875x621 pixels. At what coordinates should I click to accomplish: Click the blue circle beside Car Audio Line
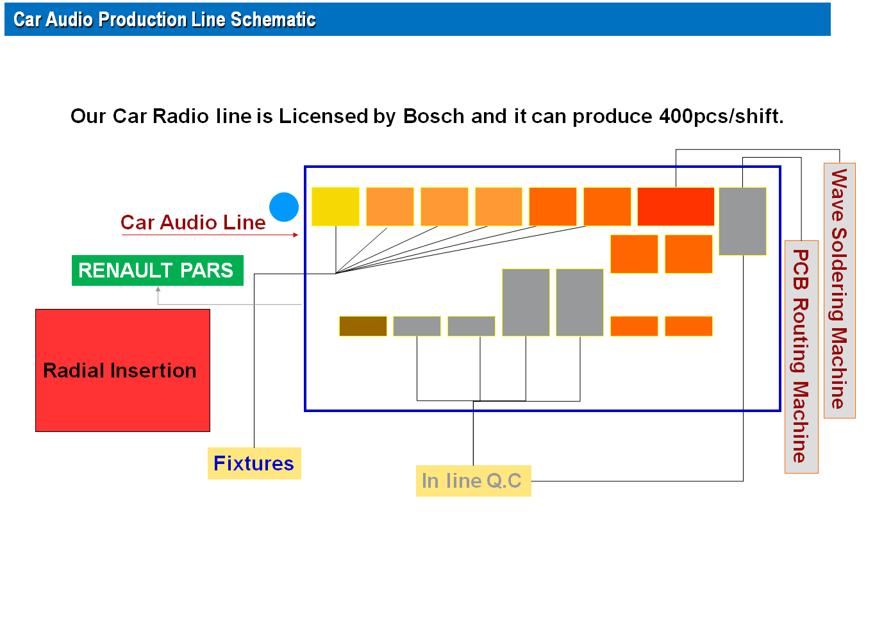click(284, 207)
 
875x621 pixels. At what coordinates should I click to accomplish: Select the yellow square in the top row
click(335, 206)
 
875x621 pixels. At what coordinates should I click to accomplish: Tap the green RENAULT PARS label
click(158, 270)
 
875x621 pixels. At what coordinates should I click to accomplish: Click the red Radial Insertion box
click(122, 370)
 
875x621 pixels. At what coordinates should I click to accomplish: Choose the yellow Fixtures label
click(254, 463)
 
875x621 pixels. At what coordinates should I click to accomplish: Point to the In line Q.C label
click(474, 481)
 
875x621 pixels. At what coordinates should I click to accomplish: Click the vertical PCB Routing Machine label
click(801, 357)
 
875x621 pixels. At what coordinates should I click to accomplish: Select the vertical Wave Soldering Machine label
click(840, 290)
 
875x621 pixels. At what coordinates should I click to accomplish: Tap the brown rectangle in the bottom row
click(363, 326)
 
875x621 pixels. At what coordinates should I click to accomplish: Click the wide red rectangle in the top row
click(676, 206)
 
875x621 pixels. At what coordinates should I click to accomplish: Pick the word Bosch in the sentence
click(434, 117)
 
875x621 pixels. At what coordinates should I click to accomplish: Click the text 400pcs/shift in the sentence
click(722, 117)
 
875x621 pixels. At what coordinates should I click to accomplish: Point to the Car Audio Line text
click(193, 222)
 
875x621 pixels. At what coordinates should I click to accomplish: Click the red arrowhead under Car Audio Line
click(296, 235)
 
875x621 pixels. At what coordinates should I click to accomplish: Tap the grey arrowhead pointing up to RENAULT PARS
click(158, 289)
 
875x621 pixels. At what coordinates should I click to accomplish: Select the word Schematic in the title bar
click(273, 19)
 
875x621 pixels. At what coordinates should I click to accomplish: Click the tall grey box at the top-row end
click(742, 222)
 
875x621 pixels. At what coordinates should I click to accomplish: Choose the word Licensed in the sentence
click(324, 117)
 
